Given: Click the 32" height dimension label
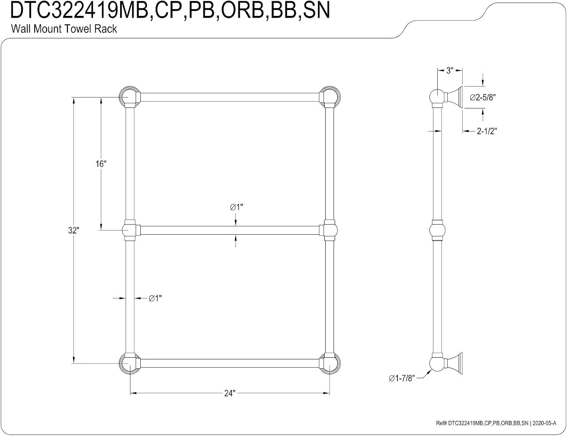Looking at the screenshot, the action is point(74,230).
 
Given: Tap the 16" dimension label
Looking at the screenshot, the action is point(101,164).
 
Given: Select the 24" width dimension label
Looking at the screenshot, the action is point(230,393).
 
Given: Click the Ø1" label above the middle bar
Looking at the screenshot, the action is point(236,207).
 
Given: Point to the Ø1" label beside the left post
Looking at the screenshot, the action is point(155,298).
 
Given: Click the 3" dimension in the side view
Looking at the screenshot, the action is point(450,71).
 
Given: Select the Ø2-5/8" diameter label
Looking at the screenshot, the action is point(483,97).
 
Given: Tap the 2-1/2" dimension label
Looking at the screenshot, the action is point(487,131).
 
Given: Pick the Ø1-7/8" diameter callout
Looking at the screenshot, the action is point(402,378).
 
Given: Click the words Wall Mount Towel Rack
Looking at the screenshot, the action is point(64,29).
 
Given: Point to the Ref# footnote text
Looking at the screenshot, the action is point(496,423).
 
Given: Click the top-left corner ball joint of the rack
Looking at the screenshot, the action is point(128,97).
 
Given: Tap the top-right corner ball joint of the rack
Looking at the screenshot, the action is point(330,97).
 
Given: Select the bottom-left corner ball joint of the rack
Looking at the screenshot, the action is point(128,363).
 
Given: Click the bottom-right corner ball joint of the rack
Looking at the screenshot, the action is point(330,363).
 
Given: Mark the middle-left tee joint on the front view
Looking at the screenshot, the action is point(130,230).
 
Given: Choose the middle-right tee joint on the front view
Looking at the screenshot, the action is point(329,230).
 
